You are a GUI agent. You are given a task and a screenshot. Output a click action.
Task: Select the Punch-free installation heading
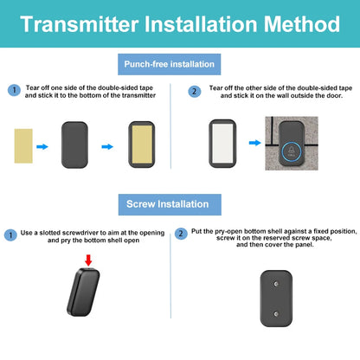169,64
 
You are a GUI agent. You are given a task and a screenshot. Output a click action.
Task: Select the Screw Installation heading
168,204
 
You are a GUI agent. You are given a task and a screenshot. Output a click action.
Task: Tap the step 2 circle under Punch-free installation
195,90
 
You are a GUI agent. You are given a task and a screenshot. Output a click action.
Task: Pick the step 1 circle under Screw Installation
10,234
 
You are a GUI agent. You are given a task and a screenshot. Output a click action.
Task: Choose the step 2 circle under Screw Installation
181,234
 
